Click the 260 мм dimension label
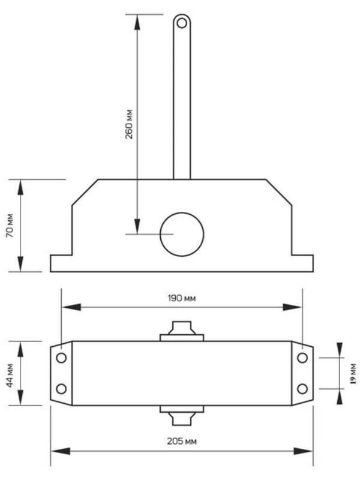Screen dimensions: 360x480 coord(129,124)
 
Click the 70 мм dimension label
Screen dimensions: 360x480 coord(10,226)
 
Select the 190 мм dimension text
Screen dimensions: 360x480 coord(182,298)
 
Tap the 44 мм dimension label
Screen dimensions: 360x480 coord(10,376)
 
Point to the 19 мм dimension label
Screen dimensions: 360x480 coord(353,373)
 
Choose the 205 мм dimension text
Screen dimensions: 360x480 coord(182,441)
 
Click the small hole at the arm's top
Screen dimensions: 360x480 coord(182,23)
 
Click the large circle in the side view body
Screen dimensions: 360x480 coord(182,234)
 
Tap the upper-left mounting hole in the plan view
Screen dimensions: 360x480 coord(61,358)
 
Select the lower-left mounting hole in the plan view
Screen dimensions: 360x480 coord(61,389)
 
